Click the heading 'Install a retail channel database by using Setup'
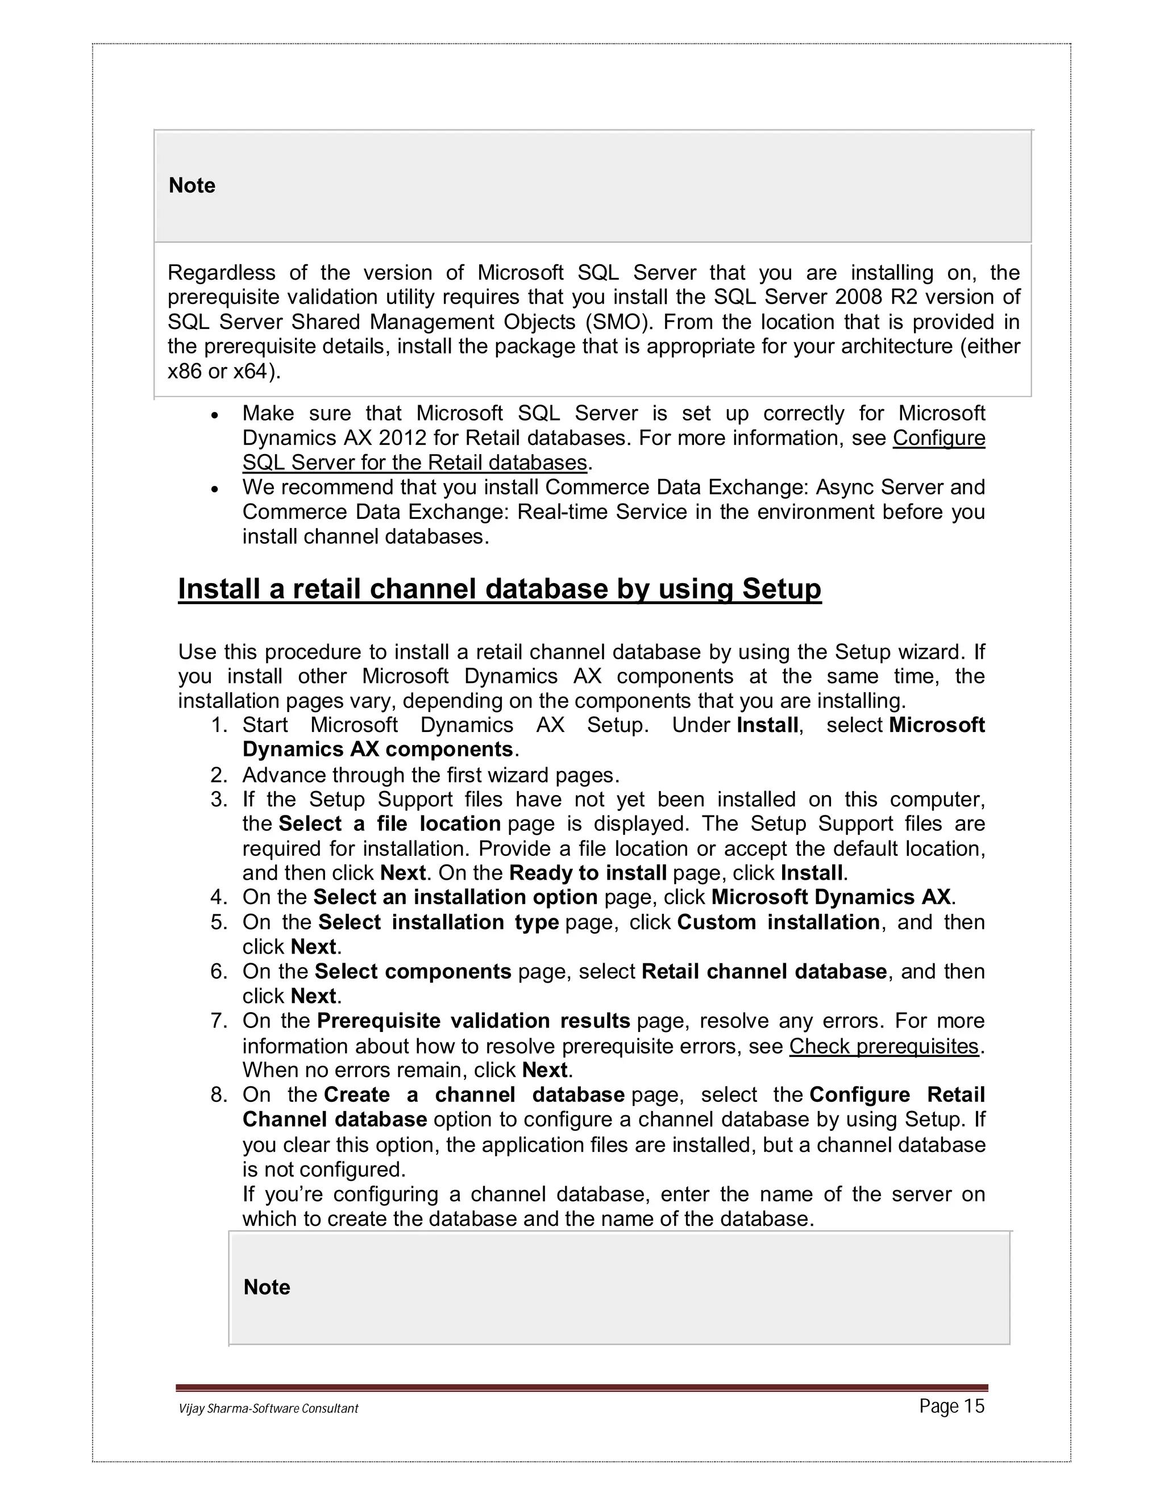[499, 589]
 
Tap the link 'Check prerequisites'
[883, 1046]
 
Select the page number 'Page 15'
[951, 1406]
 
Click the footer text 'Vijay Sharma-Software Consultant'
[268, 1409]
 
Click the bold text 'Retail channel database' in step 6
[763, 972]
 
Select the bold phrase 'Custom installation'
[778, 922]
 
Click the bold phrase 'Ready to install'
[588, 873]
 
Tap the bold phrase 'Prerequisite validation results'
[473, 1021]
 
